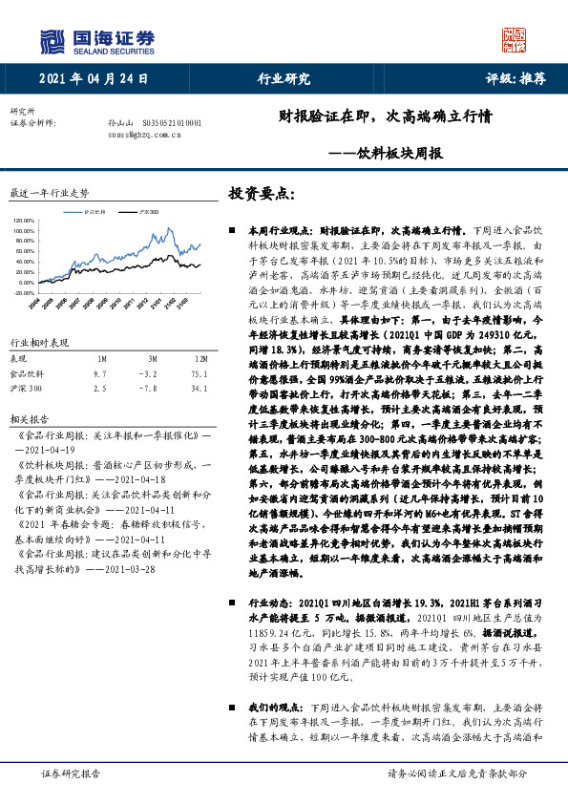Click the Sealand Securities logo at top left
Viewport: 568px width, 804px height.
click(x=96, y=39)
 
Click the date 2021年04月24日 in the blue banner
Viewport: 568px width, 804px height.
click(x=95, y=79)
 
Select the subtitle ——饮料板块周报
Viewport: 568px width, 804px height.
click(x=386, y=152)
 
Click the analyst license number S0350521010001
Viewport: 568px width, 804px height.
click(x=171, y=123)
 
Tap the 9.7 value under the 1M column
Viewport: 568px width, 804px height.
click(x=101, y=374)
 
